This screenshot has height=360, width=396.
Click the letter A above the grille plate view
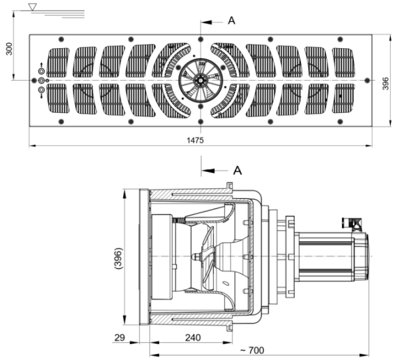tap(232, 20)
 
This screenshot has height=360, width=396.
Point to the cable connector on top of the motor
tap(352, 226)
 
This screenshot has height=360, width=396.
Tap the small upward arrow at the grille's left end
tap(42, 65)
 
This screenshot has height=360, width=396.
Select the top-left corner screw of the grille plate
tap(61, 38)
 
